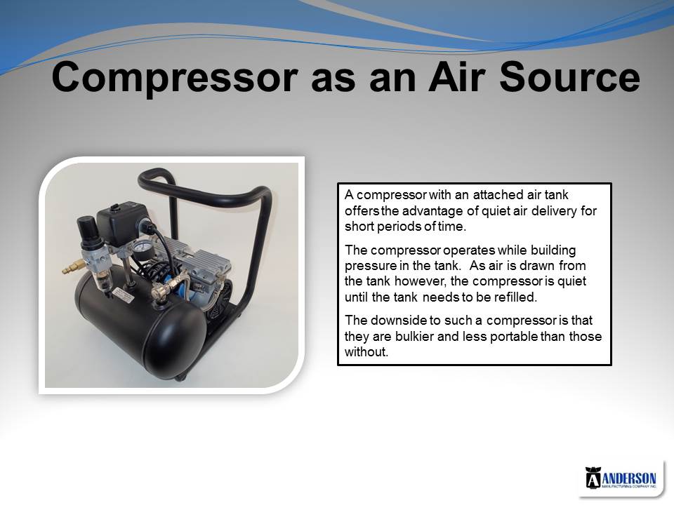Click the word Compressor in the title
pyautogui.click(x=175, y=77)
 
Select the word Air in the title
pyautogui.click(x=458, y=77)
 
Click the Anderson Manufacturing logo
pyautogui.click(x=621, y=478)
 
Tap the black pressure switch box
pyautogui.click(x=124, y=224)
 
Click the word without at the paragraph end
pyautogui.click(x=366, y=352)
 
